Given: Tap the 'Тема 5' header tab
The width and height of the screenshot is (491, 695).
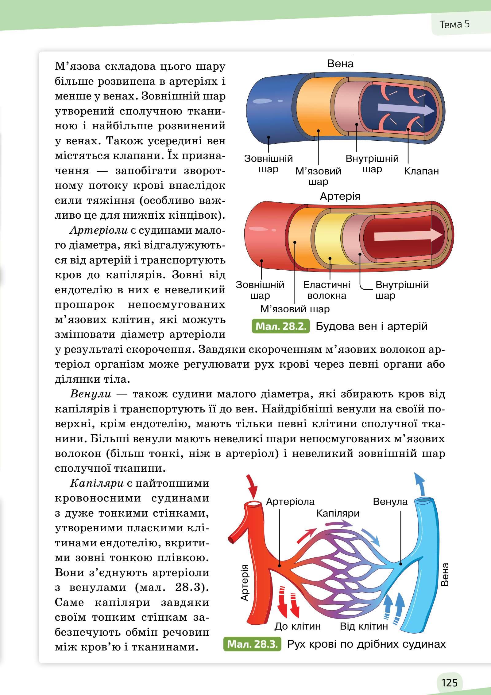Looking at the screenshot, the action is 454,24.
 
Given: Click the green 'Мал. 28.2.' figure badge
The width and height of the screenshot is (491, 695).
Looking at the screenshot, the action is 280,326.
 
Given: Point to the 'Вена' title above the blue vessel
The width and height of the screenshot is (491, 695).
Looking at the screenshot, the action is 340,64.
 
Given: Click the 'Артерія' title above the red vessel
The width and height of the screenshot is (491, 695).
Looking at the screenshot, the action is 340,196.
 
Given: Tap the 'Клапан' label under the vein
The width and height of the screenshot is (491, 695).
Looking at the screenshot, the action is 421,171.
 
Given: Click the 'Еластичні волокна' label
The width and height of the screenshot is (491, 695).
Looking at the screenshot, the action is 327,290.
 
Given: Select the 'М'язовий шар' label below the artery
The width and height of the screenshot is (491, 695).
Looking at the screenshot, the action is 295,309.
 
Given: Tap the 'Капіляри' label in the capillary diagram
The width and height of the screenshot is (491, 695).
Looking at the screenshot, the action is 338,513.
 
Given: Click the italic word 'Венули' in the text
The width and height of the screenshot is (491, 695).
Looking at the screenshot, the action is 90,394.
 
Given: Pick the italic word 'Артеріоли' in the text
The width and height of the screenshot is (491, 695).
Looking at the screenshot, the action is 98,230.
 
